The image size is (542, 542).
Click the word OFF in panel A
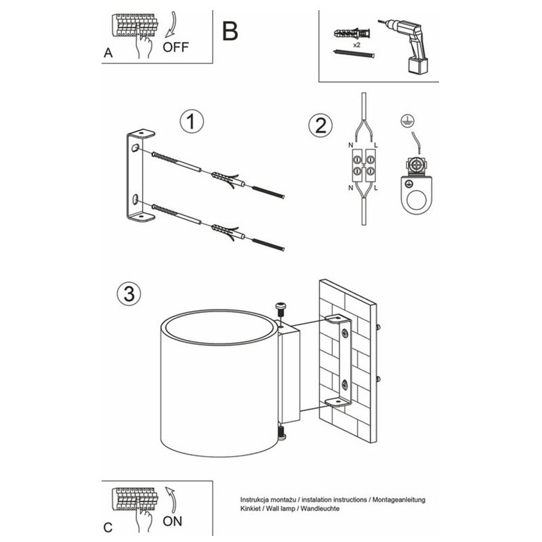(x=176, y=47)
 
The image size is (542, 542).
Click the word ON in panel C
(x=173, y=521)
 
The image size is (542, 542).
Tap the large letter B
(x=230, y=30)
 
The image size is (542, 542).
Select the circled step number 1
(x=192, y=123)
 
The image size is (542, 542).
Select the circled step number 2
(x=320, y=125)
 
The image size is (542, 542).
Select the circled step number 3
(x=129, y=293)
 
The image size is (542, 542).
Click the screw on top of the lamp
(x=282, y=312)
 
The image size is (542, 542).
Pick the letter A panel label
(x=108, y=54)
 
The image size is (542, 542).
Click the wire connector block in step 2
(x=362, y=165)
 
